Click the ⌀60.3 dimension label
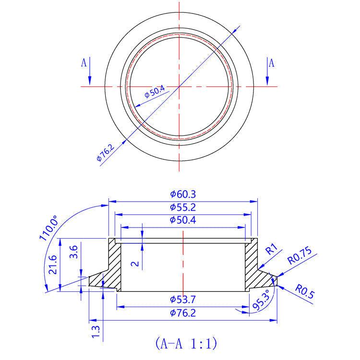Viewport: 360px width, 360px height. click(x=183, y=194)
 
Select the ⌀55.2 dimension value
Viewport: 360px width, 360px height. click(x=183, y=207)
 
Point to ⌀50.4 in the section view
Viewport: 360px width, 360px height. click(x=183, y=220)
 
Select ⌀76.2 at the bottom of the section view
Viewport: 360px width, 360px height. click(x=183, y=313)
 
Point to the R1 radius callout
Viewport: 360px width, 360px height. click(x=272, y=250)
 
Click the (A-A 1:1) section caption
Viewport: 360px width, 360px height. click(x=186, y=343)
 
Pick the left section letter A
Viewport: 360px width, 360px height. click(x=84, y=62)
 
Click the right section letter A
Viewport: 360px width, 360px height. click(x=271, y=63)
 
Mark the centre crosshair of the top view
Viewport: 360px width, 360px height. click(x=179, y=86)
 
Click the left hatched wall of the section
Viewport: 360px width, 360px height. click(x=114, y=264)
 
